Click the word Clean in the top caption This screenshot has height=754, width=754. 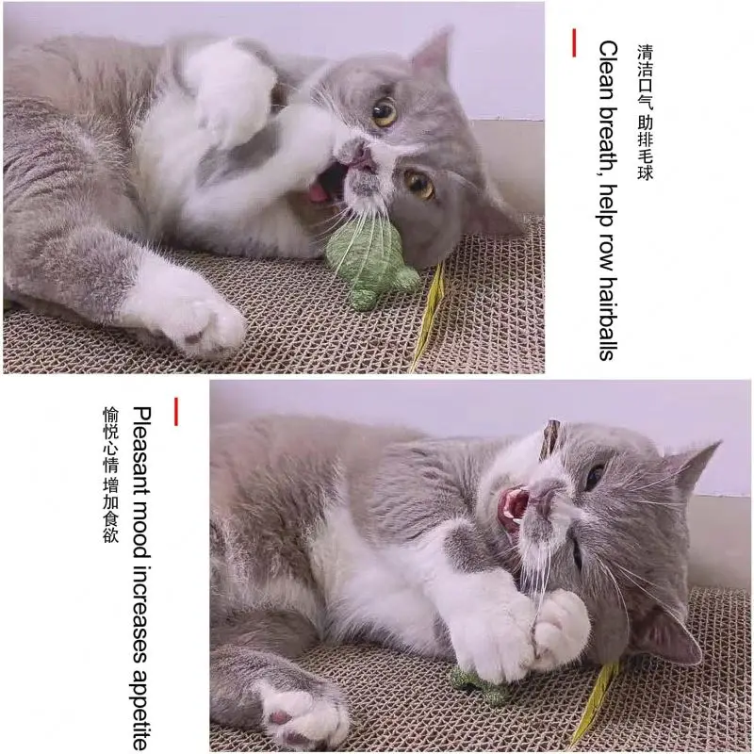click(x=608, y=67)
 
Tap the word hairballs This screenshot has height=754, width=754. click(x=608, y=319)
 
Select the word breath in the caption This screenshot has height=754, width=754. click(x=608, y=131)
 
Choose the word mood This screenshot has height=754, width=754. click(x=141, y=519)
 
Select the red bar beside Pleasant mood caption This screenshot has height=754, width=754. click(x=175, y=411)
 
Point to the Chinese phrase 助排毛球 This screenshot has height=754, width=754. click(x=646, y=147)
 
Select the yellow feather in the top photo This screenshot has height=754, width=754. click(x=429, y=316)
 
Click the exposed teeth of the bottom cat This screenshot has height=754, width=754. click(x=515, y=507)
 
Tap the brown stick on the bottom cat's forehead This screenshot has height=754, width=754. click(x=550, y=438)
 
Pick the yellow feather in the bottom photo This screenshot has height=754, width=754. click(x=594, y=702)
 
